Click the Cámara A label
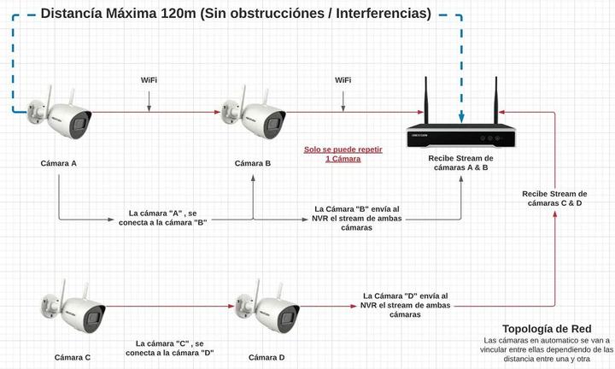58,163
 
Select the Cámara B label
253,163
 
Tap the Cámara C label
72,357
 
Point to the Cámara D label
266,357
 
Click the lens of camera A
79,125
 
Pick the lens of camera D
288,319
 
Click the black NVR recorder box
461,136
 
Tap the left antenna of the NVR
426,100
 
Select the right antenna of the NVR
495,100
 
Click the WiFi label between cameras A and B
149,80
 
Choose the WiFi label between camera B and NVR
343,80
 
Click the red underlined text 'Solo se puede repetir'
343,149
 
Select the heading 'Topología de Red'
547,329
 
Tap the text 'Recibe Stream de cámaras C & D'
554,198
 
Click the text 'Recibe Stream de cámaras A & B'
461,163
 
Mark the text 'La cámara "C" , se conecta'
169,348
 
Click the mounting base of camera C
47,307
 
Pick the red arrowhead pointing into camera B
218,112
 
